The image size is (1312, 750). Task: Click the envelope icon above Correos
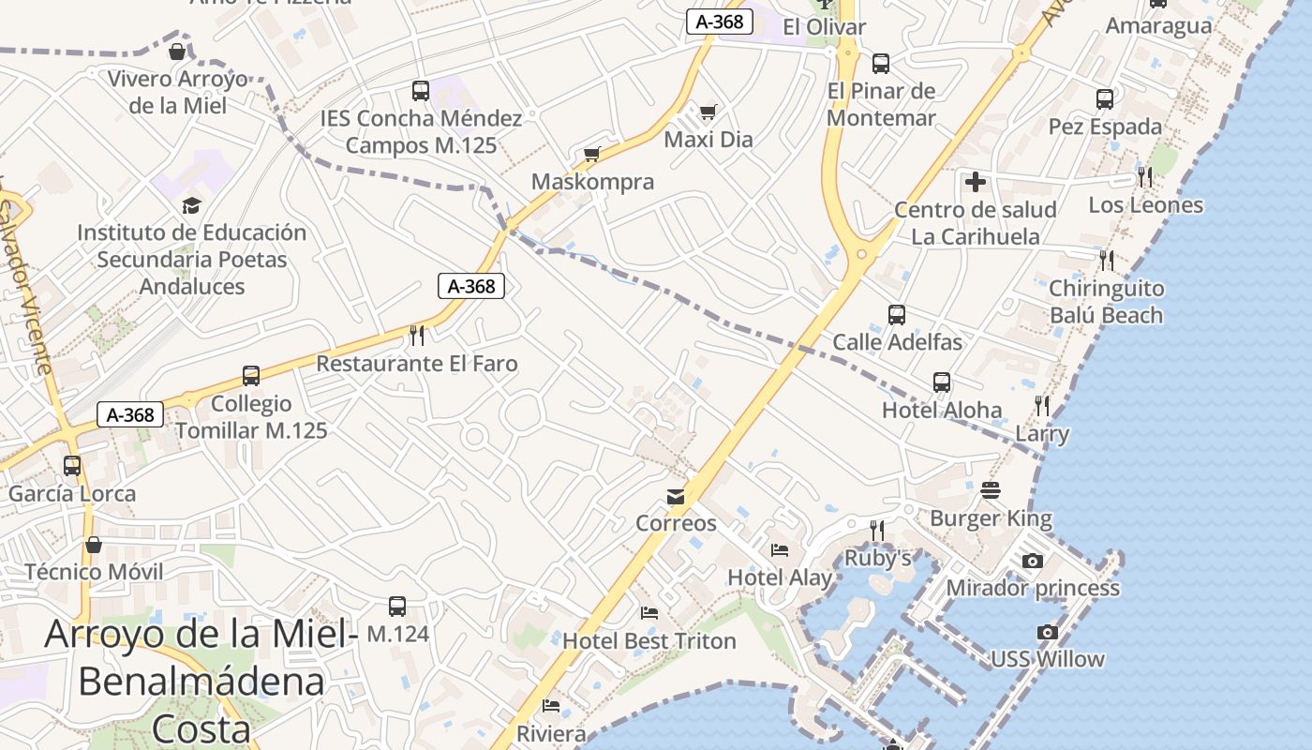coord(675,496)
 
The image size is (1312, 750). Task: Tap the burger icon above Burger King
coord(991,490)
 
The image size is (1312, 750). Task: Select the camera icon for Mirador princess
coord(1032,561)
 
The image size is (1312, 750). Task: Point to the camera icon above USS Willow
coord(1047,632)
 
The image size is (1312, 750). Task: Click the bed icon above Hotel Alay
coord(780,550)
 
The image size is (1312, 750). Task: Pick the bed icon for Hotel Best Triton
coord(649,613)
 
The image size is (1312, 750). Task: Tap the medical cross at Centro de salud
coord(976,181)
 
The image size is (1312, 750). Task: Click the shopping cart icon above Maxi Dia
coord(708,112)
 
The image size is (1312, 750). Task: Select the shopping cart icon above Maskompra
coord(591,154)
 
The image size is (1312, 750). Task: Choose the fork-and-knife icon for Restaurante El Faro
coord(417,335)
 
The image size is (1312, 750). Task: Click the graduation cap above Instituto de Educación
coord(191,205)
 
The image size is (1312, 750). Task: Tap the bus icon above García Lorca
coord(72,465)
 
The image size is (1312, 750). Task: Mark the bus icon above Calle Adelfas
coord(897,314)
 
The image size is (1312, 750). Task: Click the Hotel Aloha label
coord(941,410)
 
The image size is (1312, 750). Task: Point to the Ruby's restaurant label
coord(878,558)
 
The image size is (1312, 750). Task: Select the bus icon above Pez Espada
coord(1105,98)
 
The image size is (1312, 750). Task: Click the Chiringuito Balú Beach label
coord(1106,302)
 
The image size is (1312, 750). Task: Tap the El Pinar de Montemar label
coord(881,104)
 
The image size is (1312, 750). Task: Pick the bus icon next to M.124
coord(397,607)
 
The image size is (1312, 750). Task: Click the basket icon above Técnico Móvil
coord(94,544)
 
